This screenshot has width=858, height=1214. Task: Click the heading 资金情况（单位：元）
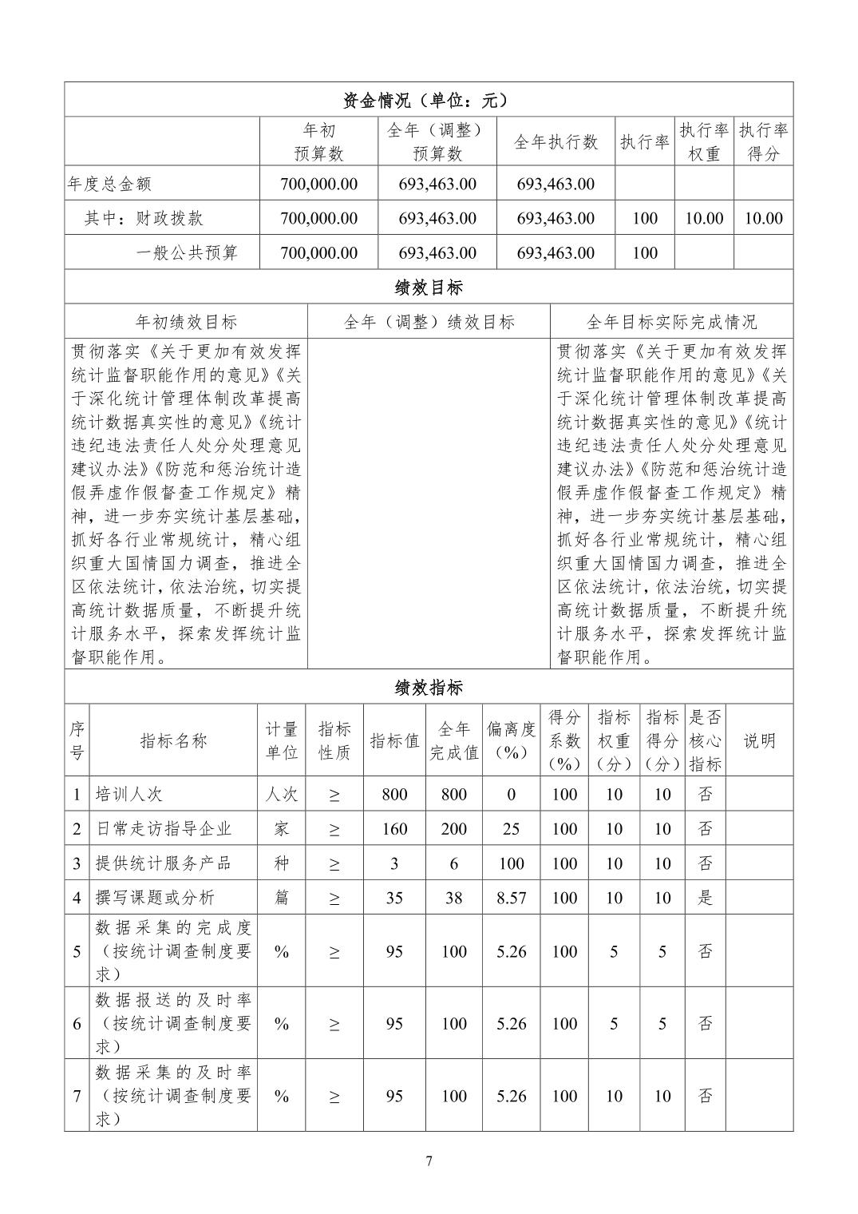tap(429, 100)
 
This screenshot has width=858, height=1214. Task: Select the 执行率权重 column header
tap(704, 141)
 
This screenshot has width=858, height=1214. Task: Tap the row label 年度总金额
tap(109, 184)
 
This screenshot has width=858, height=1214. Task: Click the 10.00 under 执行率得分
tap(763, 218)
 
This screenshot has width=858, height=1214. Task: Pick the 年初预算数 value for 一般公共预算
tap(318, 253)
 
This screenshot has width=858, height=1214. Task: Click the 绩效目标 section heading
tap(429, 288)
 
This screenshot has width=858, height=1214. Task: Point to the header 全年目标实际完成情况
tap(671, 322)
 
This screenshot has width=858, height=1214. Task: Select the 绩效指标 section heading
tap(429, 688)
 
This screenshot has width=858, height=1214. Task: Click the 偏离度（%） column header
tap(512, 740)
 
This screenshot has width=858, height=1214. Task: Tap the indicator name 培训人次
tap(129, 795)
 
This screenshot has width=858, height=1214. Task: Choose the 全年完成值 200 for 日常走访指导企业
tap(453, 829)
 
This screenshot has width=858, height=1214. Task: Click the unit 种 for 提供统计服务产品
tap(281, 863)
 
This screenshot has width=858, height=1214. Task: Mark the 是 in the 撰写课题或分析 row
tap(706, 898)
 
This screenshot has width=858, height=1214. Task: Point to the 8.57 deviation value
tap(512, 898)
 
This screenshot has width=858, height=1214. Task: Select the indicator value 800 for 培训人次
tap(394, 795)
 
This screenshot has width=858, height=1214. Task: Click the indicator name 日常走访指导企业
tap(164, 829)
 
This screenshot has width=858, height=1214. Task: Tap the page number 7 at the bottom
tap(429, 1161)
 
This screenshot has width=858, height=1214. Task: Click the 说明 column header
tap(759, 740)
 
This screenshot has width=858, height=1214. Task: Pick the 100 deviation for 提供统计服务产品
tap(512, 863)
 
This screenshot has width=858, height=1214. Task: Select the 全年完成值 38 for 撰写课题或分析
tap(453, 898)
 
